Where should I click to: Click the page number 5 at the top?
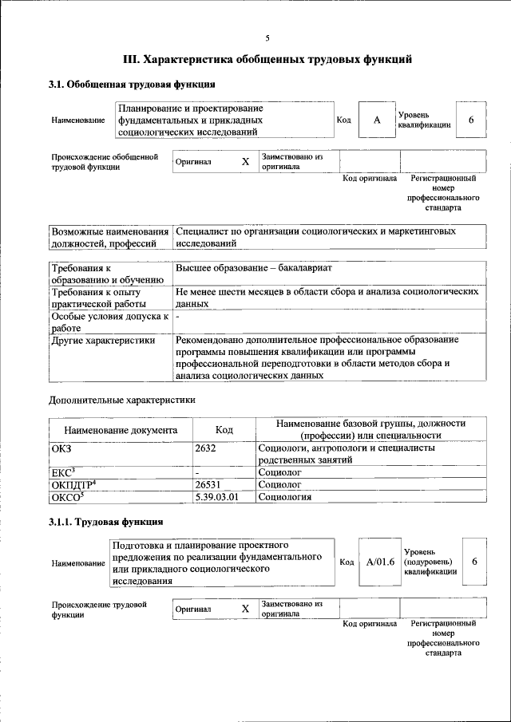pos(267,37)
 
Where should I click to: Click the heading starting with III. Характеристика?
pos(267,59)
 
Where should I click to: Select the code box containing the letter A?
pos(377,120)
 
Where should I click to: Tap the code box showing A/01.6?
pos(381,562)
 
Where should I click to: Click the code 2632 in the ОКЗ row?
pos(207,448)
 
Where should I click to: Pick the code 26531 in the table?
pos(209,484)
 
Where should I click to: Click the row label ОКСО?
pos(68,497)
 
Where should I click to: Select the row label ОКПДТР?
pos(73,484)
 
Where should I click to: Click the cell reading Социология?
pos(284,497)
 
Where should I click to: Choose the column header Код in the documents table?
pos(224,430)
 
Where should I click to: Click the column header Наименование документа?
pos(121,430)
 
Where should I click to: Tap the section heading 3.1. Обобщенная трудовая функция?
pos(132,85)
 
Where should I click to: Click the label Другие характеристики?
pos(103,340)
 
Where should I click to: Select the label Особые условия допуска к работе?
pos(109,322)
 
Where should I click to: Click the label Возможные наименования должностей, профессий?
pos(110,236)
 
